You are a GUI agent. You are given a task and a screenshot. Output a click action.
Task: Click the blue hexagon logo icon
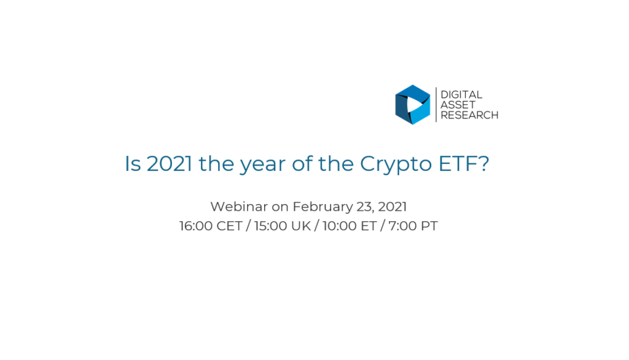click(412, 105)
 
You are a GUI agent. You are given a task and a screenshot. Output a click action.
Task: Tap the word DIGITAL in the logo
click(461, 95)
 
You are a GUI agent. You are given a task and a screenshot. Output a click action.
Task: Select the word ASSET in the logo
click(458, 105)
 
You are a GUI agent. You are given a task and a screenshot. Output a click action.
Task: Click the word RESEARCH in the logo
click(469, 115)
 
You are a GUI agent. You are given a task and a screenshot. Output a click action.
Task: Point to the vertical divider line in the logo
click(436, 105)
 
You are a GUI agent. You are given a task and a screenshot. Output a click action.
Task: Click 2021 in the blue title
click(170, 164)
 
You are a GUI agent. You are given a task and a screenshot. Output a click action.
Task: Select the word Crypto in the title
click(396, 165)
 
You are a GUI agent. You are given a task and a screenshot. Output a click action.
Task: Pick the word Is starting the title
click(133, 164)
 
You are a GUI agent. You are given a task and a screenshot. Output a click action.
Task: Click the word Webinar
click(239, 206)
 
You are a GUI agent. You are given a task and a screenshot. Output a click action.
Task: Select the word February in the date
click(322, 208)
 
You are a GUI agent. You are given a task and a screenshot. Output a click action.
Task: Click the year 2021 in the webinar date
click(393, 206)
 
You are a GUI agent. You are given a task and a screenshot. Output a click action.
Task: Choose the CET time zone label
click(230, 226)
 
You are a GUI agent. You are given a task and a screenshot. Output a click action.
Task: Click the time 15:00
click(271, 226)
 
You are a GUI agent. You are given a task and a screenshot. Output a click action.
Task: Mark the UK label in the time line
click(301, 226)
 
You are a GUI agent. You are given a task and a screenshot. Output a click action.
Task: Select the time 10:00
click(339, 226)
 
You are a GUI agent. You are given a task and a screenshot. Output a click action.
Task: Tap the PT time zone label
click(429, 226)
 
